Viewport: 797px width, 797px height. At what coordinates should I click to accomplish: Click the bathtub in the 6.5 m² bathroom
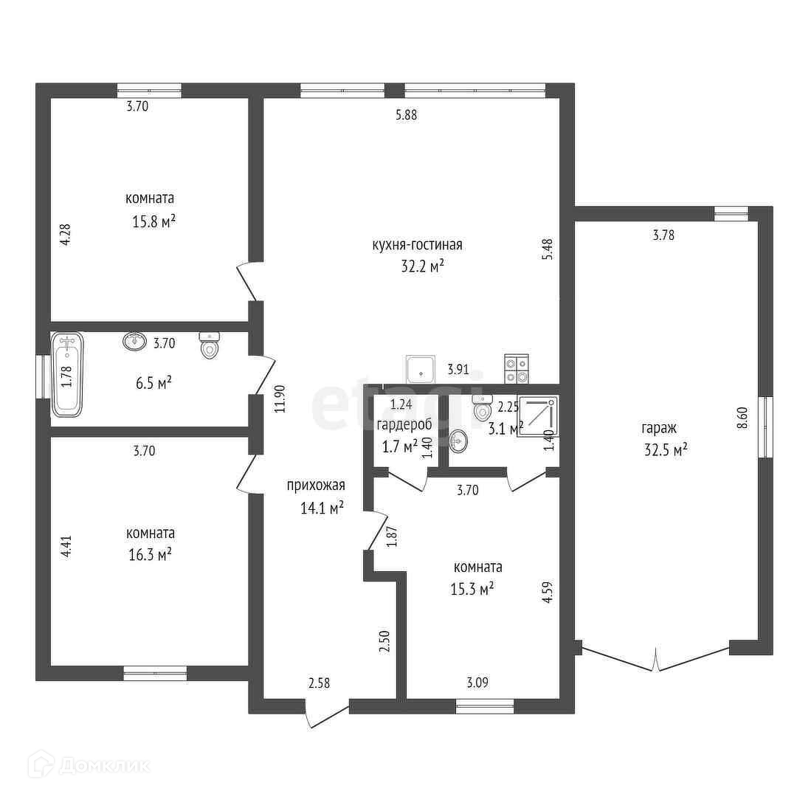[x=66, y=374]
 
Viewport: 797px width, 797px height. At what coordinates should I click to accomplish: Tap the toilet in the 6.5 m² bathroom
[x=210, y=345]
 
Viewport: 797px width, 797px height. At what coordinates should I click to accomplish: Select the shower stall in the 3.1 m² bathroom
[x=538, y=415]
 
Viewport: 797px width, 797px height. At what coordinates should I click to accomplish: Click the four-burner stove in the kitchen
[x=516, y=368]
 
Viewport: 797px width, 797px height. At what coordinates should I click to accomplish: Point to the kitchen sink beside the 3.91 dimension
[x=421, y=369]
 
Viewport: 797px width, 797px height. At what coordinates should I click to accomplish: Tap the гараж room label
[x=659, y=429]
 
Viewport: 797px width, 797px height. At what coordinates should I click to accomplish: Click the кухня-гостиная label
[x=417, y=245]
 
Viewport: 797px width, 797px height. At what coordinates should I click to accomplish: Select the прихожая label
[x=316, y=486]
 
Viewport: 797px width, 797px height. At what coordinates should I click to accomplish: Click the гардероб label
[x=404, y=424]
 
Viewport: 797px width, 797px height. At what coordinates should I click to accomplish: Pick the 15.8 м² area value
[x=154, y=221]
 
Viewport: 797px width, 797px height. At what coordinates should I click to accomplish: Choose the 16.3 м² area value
[x=150, y=554]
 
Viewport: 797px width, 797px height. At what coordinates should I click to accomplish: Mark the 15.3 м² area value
[x=472, y=589]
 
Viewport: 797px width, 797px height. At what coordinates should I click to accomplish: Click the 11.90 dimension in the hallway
[x=280, y=398]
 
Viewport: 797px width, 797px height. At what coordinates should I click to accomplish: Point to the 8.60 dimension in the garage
[x=742, y=418]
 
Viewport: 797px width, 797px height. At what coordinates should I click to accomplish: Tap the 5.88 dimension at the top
[x=406, y=115]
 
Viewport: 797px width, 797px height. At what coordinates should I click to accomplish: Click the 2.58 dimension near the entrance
[x=320, y=683]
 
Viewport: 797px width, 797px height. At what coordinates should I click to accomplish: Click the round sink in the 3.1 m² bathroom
[x=458, y=440]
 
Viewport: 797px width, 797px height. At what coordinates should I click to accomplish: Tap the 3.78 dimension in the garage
[x=664, y=235]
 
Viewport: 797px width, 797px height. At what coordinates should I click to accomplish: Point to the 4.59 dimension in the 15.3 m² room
[x=548, y=592]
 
